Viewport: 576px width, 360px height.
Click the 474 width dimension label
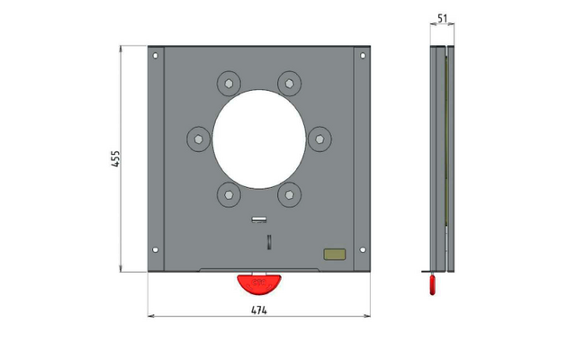[x=259, y=310]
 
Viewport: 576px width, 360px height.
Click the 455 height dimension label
[x=115, y=158]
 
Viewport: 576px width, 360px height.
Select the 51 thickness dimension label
[x=443, y=18]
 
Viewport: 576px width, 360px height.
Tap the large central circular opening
[x=259, y=139]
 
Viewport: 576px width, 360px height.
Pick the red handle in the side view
[x=433, y=285]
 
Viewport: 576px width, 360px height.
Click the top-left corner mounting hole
[x=156, y=56]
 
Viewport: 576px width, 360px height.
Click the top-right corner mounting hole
[x=363, y=56]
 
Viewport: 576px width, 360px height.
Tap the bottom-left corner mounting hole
[x=156, y=250]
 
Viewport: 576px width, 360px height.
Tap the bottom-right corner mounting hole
[x=363, y=250]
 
